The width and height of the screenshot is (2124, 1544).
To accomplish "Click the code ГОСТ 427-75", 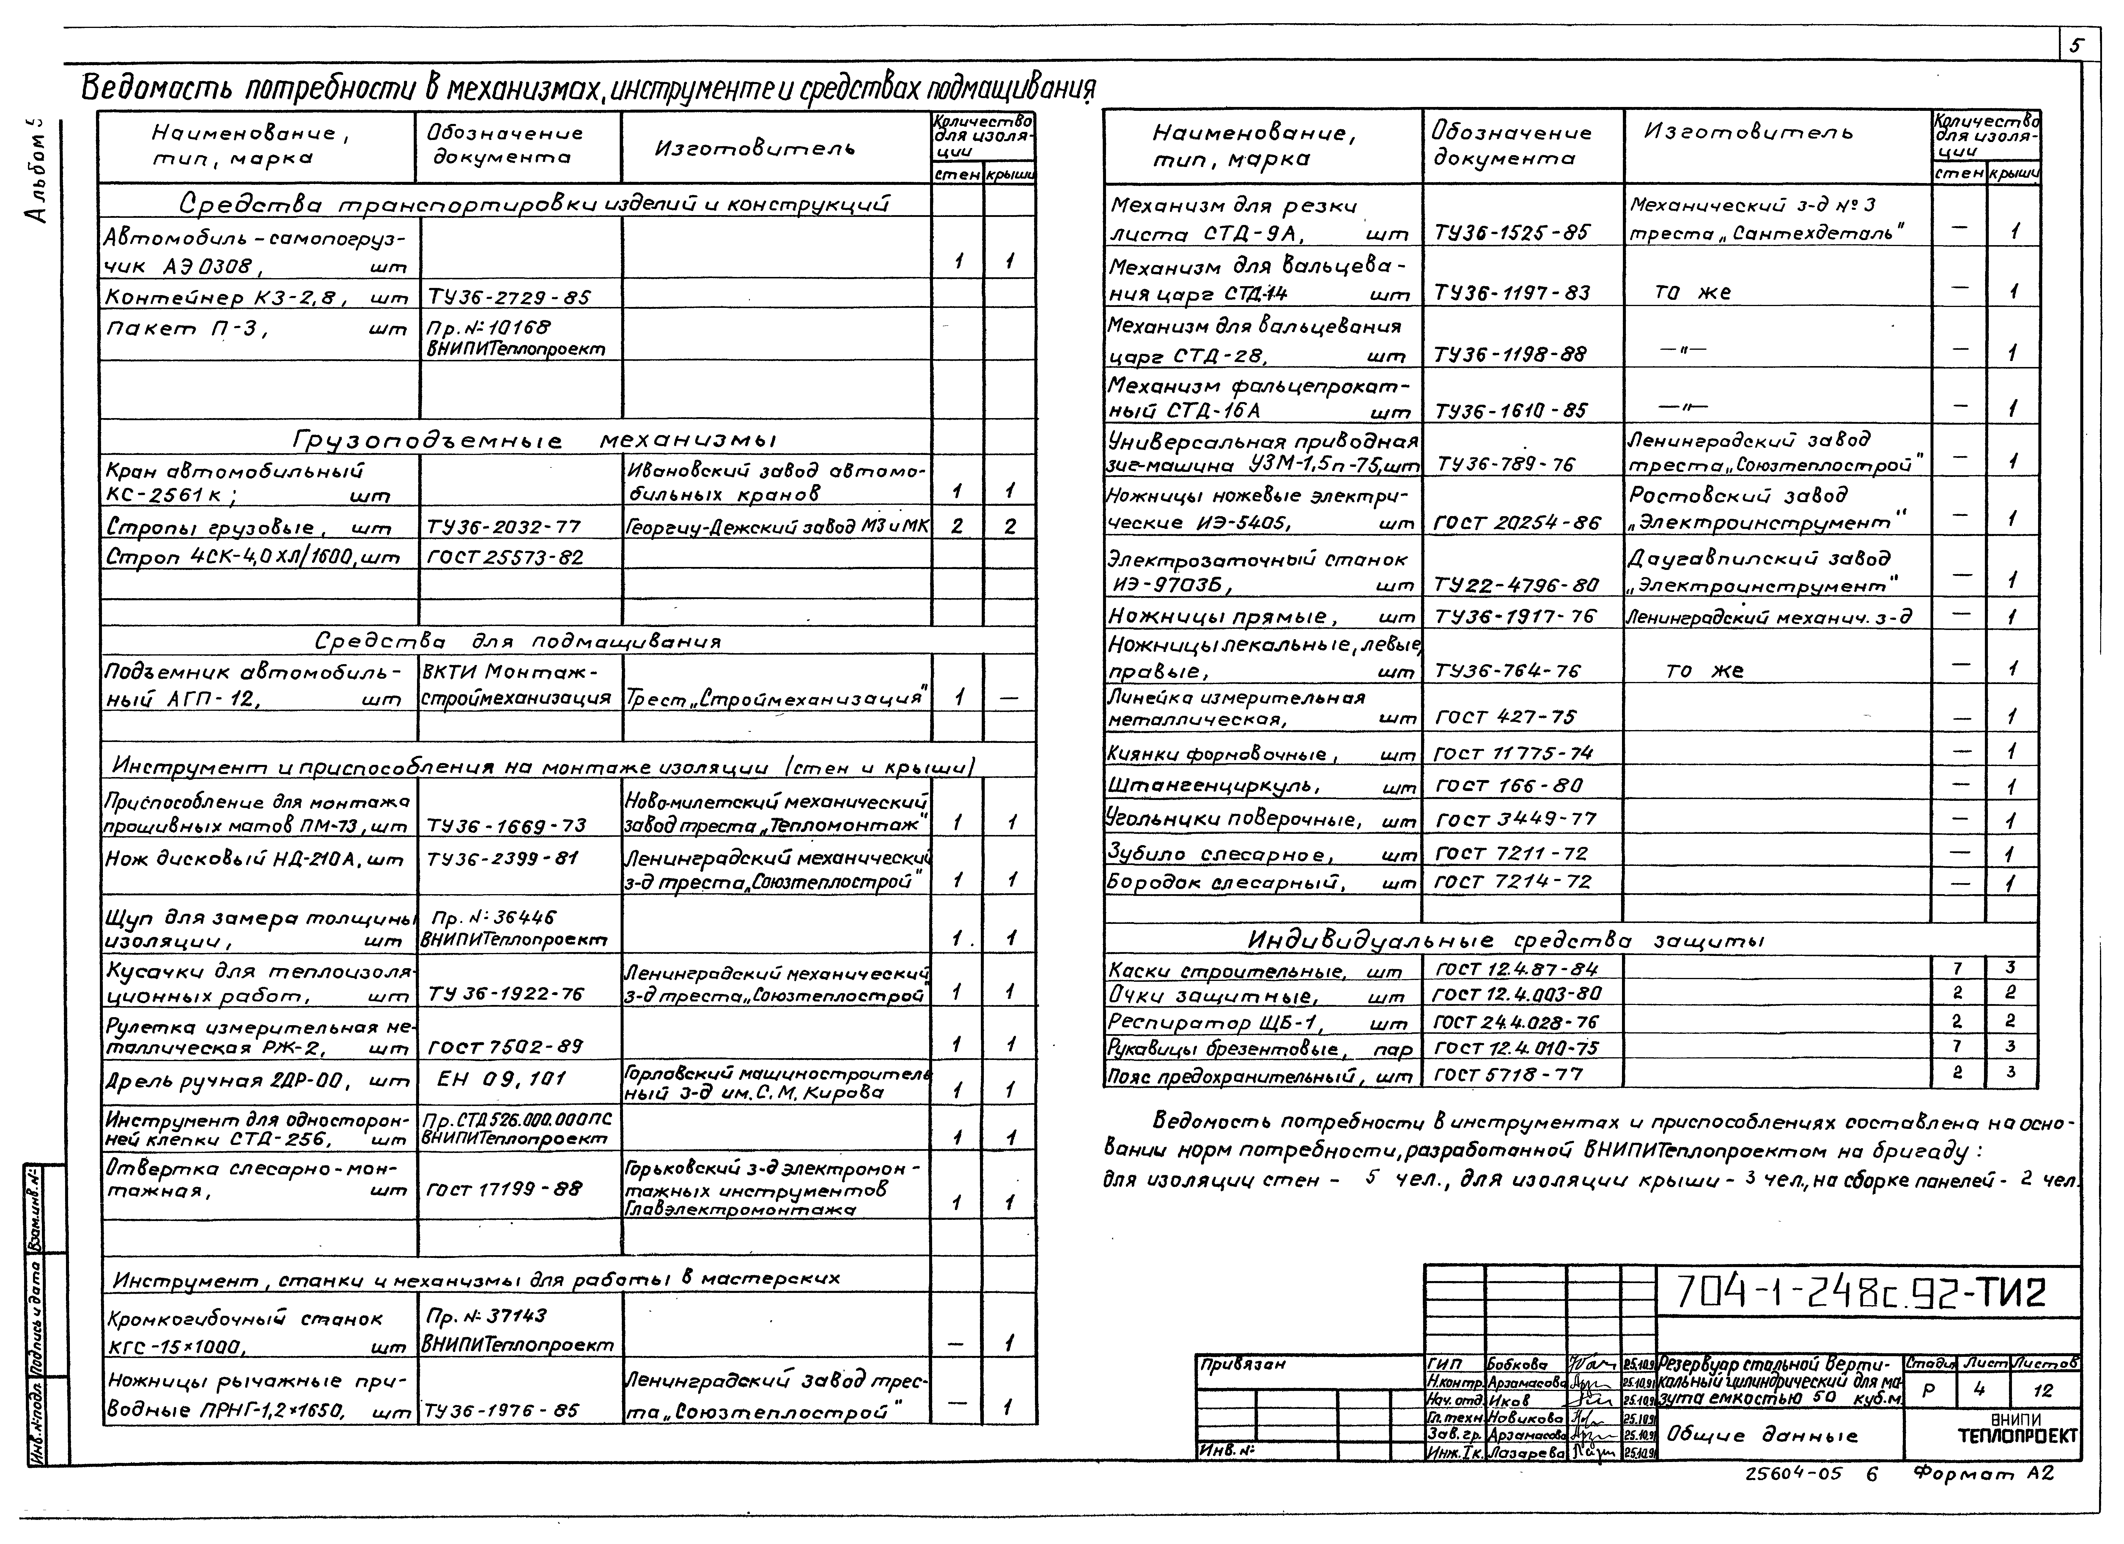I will pos(1505,717).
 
